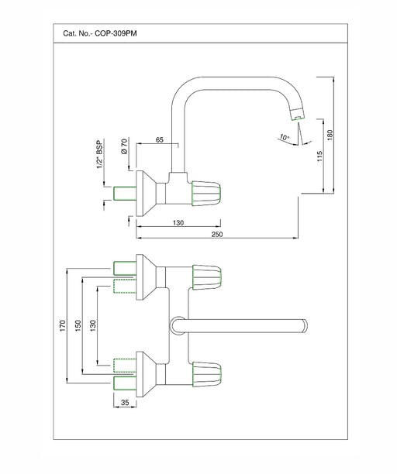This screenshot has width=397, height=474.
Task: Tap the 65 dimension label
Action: (x=160, y=139)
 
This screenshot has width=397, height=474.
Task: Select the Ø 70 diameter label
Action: (x=124, y=146)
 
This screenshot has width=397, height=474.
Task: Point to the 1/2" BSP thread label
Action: (x=100, y=154)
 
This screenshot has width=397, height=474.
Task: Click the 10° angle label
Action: (x=284, y=137)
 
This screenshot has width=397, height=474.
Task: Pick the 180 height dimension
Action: (x=330, y=135)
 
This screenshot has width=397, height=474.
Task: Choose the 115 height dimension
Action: (x=319, y=156)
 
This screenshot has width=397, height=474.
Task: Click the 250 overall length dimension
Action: (x=217, y=234)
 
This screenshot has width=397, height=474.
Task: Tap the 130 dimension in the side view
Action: (x=178, y=223)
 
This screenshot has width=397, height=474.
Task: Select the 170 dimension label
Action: (x=63, y=325)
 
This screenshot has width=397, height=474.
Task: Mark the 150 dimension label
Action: (x=78, y=325)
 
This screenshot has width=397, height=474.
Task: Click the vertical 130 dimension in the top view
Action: (x=93, y=325)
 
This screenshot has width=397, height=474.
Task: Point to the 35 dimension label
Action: (x=125, y=402)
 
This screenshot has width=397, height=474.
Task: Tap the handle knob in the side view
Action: (x=206, y=194)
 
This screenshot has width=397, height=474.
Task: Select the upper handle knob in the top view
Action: (x=207, y=277)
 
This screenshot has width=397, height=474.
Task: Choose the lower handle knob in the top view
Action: (x=207, y=374)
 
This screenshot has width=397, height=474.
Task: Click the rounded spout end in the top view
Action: (x=305, y=326)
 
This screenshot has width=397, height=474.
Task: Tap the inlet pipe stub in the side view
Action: (x=125, y=194)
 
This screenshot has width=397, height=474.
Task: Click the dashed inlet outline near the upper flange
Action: (x=125, y=286)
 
